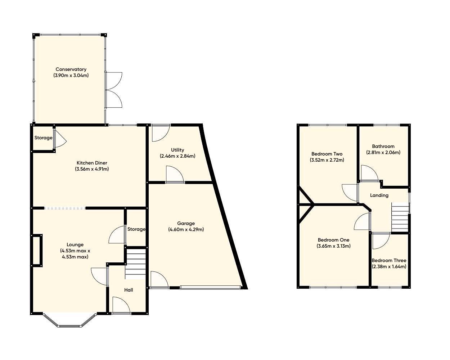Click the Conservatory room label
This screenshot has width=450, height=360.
[x=71, y=69]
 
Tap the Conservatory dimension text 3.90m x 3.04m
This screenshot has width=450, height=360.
[x=71, y=76]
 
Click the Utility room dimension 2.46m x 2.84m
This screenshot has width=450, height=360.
[x=177, y=156]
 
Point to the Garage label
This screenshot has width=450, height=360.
[x=186, y=223]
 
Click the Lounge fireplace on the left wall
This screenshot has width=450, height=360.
[x=37, y=251]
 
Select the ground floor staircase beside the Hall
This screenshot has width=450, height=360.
[x=136, y=264]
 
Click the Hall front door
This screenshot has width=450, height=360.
[x=121, y=306]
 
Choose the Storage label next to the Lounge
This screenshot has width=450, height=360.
[x=136, y=229]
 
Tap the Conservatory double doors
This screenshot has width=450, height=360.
[x=113, y=90]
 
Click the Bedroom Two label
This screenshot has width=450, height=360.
[x=327, y=154]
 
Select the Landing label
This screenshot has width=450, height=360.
[x=379, y=195]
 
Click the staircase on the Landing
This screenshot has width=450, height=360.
[x=400, y=218]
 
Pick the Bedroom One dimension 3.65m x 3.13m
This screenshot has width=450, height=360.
[x=333, y=246]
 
